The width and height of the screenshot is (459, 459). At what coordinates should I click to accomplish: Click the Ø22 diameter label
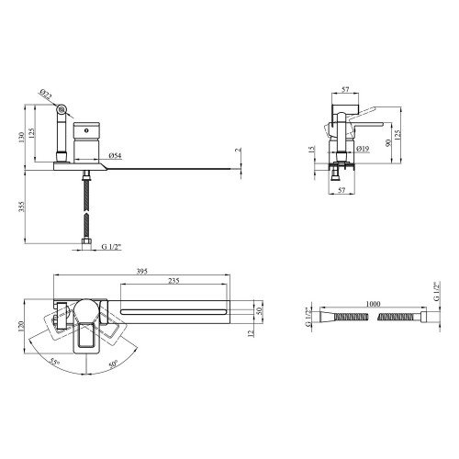[x=46, y=95]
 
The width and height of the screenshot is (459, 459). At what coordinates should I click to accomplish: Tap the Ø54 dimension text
[x=115, y=156]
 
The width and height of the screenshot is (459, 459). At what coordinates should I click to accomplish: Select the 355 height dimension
[x=21, y=207]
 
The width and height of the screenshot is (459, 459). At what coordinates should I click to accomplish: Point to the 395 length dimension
[x=142, y=272]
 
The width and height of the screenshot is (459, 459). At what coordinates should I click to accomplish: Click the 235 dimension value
[x=174, y=281]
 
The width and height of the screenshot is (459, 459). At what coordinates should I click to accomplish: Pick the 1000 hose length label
[x=373, y=304]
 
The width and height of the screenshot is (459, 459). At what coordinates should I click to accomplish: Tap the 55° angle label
[x=54, y=363]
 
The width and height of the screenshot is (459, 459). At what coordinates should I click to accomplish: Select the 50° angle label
[x=113, y=364]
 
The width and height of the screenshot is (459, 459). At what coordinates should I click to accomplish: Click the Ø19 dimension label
[x=363, y=149]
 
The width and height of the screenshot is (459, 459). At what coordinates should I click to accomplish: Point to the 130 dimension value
[x=21, y=138]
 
